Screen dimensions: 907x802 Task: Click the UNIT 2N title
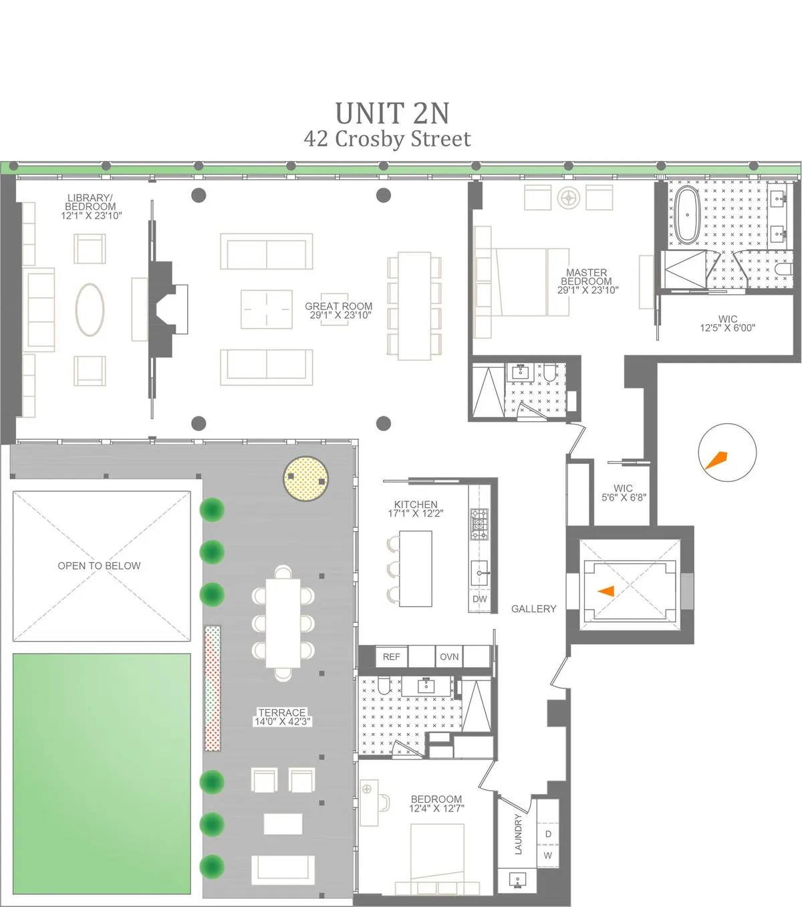click(392, 113)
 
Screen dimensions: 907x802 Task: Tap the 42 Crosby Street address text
click(387, 139)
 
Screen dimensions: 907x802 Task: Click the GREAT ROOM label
click(339, 310)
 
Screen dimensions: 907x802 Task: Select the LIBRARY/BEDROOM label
click(91, 207)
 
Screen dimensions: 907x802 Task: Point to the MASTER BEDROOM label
click(587, 281)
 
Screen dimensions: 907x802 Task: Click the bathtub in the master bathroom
click(686, 214)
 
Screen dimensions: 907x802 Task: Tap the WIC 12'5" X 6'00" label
click(727, 323)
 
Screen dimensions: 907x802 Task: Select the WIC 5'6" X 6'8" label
click(624, 493)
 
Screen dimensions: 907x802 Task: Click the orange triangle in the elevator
click(607, 591)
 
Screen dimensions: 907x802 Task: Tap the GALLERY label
click(533, 609)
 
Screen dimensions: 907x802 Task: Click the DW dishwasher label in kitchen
click(480, 600)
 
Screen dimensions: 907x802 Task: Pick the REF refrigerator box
click(392, 657)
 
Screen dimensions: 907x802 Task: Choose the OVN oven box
click(449, 657)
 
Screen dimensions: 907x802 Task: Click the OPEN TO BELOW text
click(99, 565)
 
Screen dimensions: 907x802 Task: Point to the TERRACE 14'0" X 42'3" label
click(282, 717)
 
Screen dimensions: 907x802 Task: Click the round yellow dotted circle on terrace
click(306, 479)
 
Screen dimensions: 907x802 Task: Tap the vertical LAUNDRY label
click(518, 834)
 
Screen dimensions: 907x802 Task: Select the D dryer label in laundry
click(548, 834)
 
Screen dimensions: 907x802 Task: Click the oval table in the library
click(90, 309)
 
